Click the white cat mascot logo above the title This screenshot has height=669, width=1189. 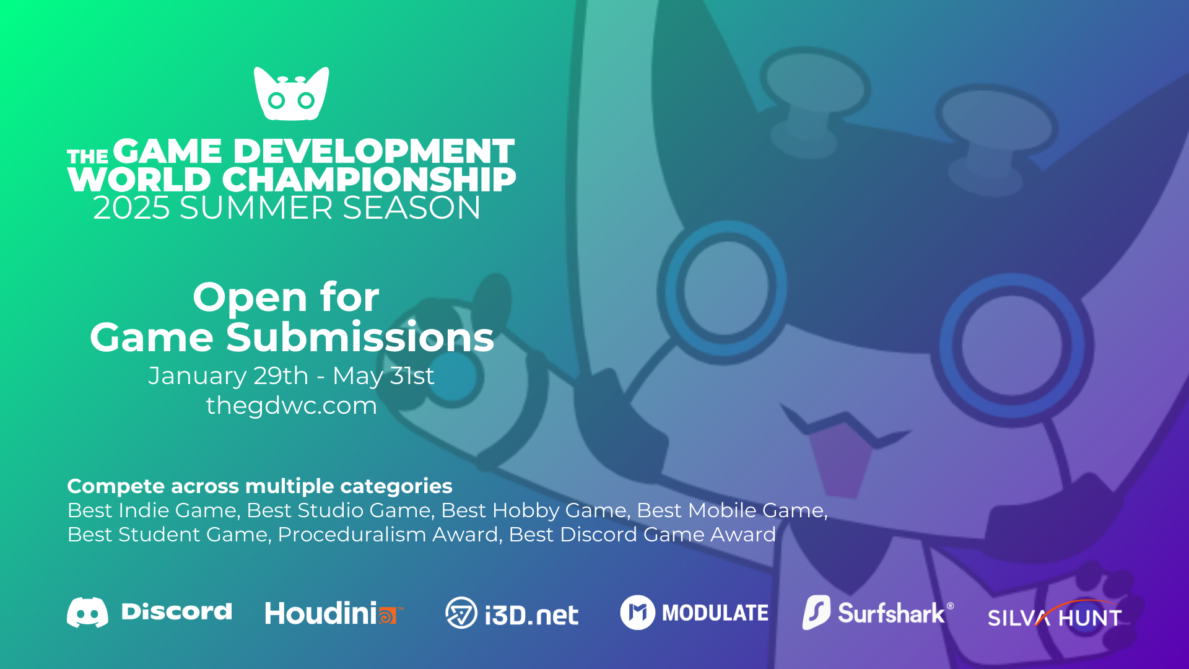click(291, 94)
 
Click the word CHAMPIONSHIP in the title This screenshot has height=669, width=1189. click(368, 180)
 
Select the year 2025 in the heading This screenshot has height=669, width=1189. click(131, 208)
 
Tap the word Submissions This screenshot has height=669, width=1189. click(360, 338)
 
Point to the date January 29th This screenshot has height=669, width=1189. click(228, 376)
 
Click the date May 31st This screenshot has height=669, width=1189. click(383, 376)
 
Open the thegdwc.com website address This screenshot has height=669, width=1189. click(291, 406)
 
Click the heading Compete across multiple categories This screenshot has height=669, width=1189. click(259, 486)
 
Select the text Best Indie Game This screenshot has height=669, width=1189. click(152, 510)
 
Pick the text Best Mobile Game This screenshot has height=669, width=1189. click(730, 510)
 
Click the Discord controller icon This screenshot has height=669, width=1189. click(87, 613)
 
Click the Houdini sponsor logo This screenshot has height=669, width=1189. click(334, 613)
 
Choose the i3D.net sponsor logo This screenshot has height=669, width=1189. click(512, 613)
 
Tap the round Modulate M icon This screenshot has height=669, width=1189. click(637, 613)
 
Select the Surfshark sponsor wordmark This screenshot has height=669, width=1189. click(891, 613)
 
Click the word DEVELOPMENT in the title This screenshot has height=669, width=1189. click(373, 151)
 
